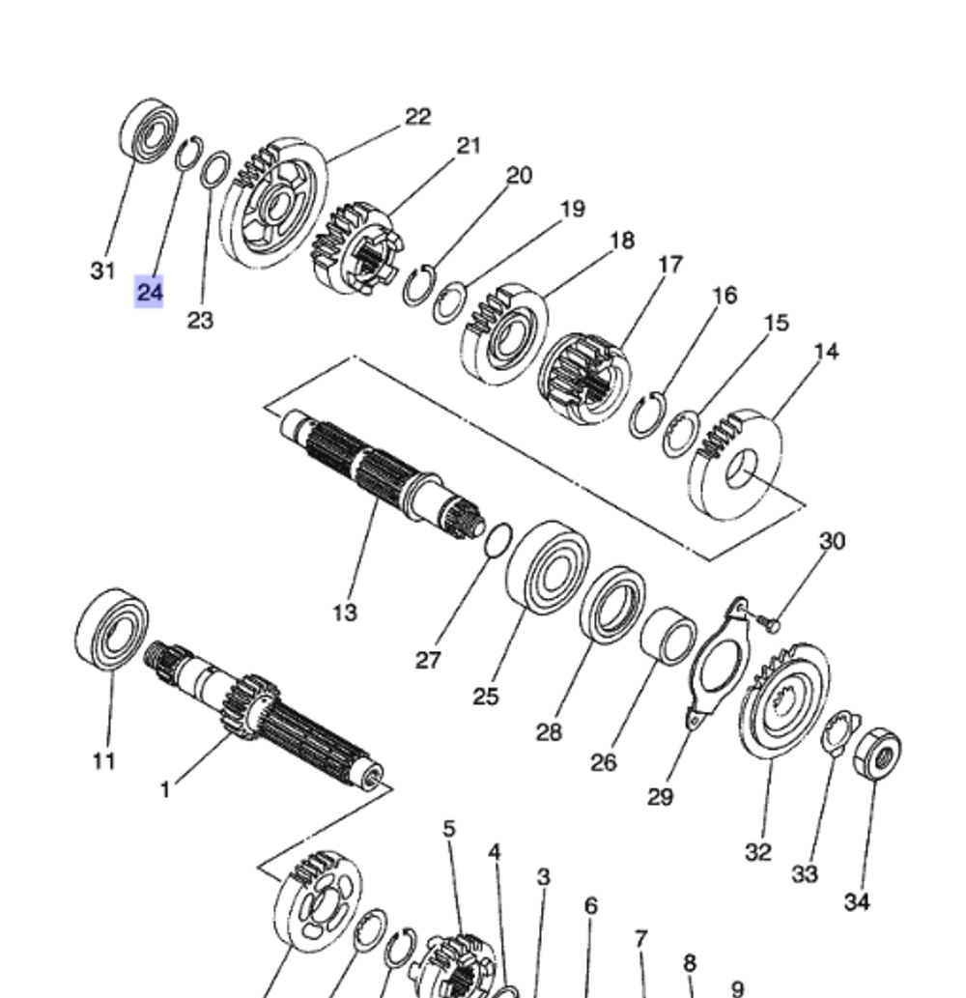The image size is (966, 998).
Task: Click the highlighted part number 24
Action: point(149,292)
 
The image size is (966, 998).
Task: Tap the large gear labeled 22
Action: point(273,203)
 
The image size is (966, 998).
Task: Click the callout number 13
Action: point(344,612)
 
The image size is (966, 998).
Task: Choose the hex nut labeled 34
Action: point(877,755)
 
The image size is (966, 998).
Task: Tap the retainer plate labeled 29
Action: point(716,666)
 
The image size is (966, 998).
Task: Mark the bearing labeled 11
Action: point(111,628)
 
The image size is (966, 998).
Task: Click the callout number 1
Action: point(164,790)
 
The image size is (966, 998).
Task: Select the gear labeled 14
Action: point(736,465)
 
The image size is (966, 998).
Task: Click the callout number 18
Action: point(622,240)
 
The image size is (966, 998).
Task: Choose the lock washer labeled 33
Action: point(836,733)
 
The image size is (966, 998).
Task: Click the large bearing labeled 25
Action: point(548,568)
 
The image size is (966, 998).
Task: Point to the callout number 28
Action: point(548,731)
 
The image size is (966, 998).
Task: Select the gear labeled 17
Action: point(583,378)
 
